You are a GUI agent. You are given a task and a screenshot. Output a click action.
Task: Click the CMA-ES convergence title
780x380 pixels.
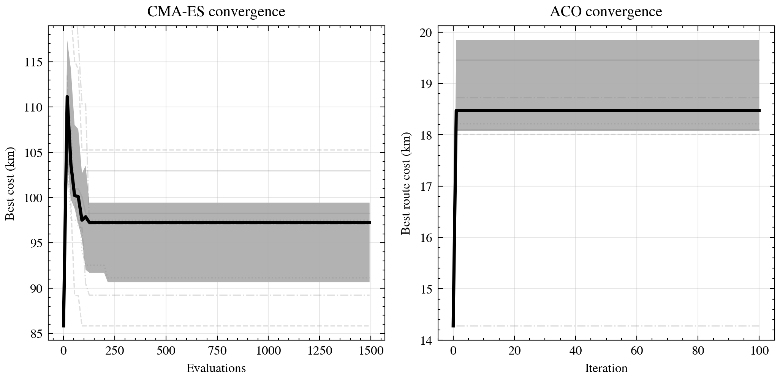click(216, 12)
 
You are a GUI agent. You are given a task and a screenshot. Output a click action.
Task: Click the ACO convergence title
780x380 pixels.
click(606, 12)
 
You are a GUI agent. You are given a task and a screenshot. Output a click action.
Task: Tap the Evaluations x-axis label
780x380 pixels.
click(216, 368)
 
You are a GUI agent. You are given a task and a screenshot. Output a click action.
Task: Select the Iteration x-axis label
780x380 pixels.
click(606, 368)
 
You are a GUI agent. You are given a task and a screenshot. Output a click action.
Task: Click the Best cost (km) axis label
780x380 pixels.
click(10, 183)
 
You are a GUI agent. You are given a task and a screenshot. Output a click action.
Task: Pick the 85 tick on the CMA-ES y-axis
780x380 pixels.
click(37, 334)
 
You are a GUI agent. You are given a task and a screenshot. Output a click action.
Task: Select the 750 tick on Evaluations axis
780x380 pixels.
click(217, 351)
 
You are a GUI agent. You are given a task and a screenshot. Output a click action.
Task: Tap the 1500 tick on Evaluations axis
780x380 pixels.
click(370, 351)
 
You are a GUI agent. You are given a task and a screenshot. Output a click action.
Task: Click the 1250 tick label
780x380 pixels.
click(319, 351)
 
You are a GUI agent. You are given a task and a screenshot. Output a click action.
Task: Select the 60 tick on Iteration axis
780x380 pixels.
click(637, 351)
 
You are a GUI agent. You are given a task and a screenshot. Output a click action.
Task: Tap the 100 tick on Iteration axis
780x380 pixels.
click(759, 351)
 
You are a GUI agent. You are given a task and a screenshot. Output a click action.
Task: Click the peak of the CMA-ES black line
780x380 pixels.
click(67, 97)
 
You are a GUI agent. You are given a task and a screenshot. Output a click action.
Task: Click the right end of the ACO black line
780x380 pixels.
click(759, 110)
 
